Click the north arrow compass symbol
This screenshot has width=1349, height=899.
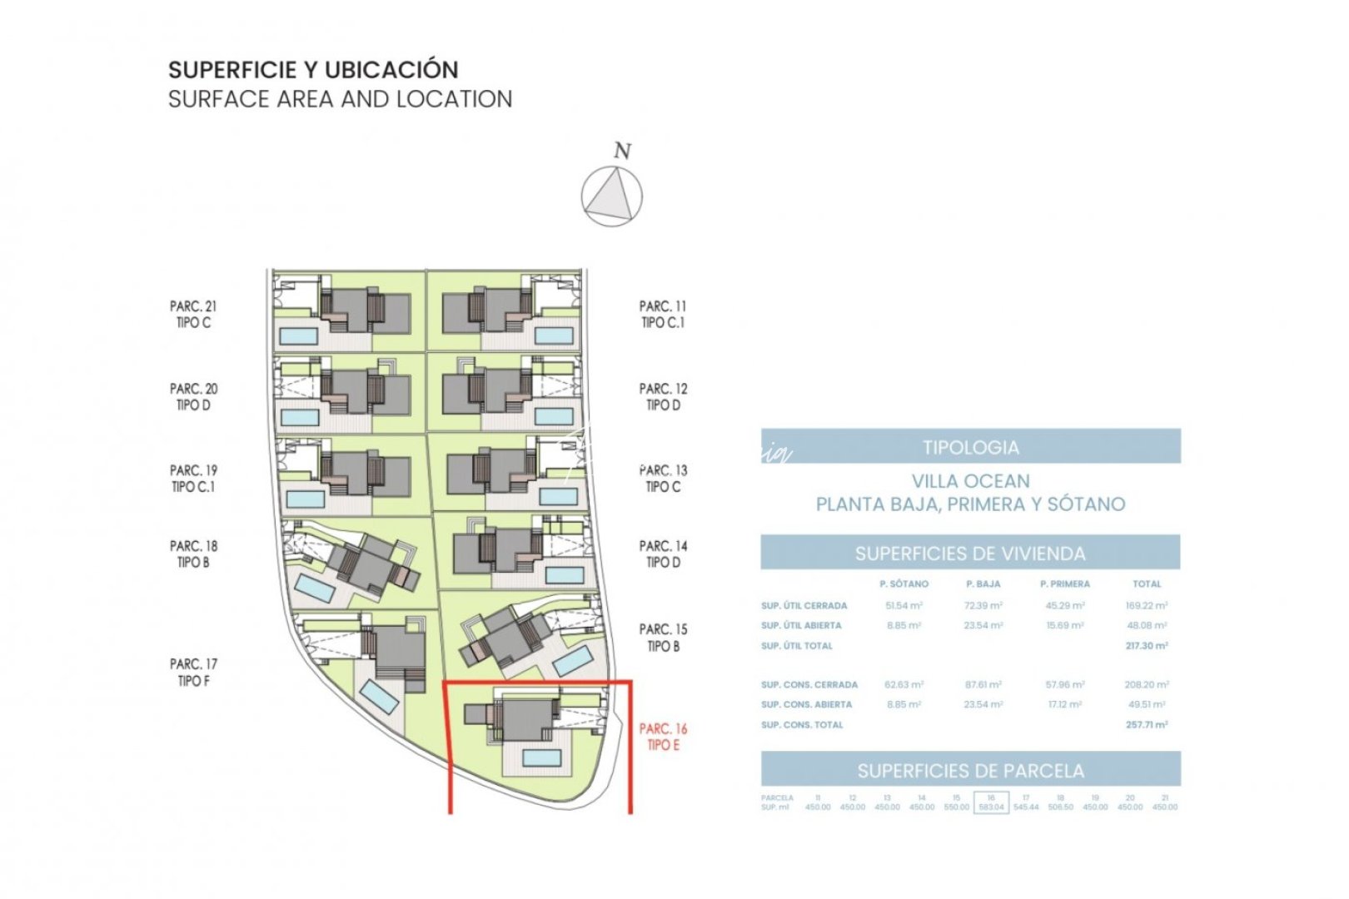click(611, 196)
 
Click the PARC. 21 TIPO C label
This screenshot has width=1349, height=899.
click(193, 315)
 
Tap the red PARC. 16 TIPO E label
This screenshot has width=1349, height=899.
click(663, 737)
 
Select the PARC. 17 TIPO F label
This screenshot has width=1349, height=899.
click(193, 673)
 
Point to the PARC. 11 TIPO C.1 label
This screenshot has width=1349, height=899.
click(663, 315)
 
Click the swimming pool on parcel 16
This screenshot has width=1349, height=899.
click(541, 757)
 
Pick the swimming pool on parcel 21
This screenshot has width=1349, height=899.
click(298, 335)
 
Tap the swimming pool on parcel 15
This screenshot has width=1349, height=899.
click(574, 662)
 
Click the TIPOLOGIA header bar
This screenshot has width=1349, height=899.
click(970, 447)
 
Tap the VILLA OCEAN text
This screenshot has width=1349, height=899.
click(970, 481)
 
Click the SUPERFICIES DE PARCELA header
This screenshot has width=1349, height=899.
click(970, 771)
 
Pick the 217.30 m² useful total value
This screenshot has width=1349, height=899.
click(1146, 646)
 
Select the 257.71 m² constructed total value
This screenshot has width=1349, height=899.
click(1146, 725)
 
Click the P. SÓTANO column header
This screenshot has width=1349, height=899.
click(903, 584)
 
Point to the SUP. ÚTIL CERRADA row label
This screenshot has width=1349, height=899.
click(804, 606)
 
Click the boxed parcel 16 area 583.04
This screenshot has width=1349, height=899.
click(991, 803)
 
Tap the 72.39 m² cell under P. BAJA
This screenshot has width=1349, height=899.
click(983, 606)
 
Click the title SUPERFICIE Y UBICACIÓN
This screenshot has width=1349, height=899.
click(313, 69)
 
